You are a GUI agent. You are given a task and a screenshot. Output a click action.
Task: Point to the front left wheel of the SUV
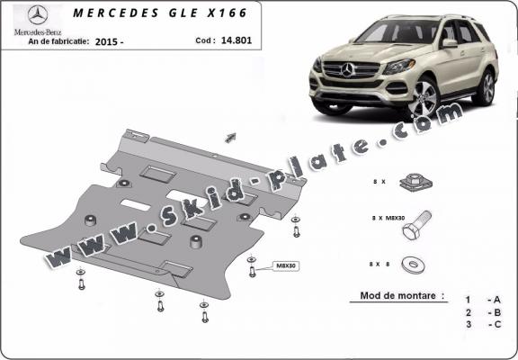(422, 97)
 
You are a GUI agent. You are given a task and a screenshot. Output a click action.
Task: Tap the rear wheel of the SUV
(486, 87)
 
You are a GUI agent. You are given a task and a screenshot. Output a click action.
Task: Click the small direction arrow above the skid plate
(230, 137)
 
